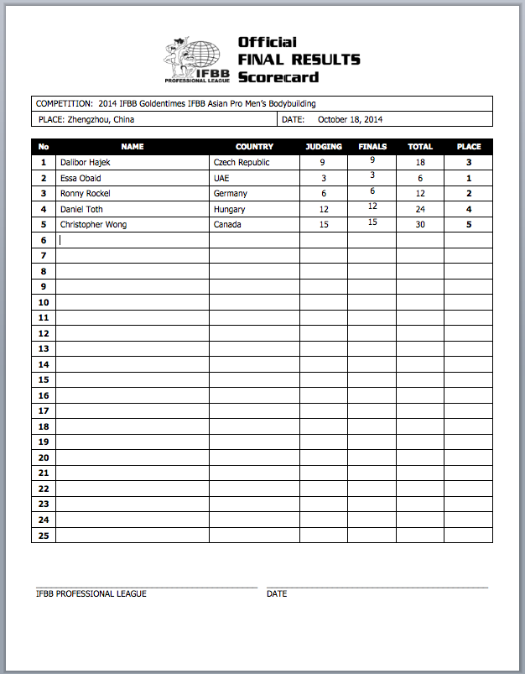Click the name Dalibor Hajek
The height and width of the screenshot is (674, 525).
pyautogui.click(x=85, y=162)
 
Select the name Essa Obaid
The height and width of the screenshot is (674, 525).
pyautogui.click(x=81, y=178)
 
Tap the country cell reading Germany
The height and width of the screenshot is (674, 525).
pyautogui.click(x=231, y=193)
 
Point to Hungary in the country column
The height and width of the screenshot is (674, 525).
pyautogui.click(x=230, y=209)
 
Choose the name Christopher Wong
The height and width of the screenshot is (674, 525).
pyautogui.click(x=93, y=224)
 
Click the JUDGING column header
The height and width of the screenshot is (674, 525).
pyautogui.click(x=324, y=147)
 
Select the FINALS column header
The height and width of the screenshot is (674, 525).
pyautogui.click(x=372, y=147)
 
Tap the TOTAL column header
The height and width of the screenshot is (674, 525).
pyautogui.click(x=420, y=147)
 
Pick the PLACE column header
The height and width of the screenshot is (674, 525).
pyautogui.click(x=469, y=147)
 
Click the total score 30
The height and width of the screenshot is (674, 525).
pyautogui.click(x=420, y=225)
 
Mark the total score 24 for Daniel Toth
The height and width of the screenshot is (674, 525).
pyautogui.click(x=420, y=210)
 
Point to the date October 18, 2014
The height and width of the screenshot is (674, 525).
pyautogui.click(x=350, y=120)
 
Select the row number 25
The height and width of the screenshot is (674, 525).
pyautogui.click(x=44, y=535)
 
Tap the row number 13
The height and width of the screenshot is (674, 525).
pyautogui.click(x=44, y=348)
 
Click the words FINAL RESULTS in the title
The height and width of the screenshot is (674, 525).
pyautogui.click(x=299, y=60)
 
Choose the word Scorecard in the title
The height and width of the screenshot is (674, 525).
pyautogui.click(x=278, y=77)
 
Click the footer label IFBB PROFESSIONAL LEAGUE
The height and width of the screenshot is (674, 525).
pyautogui.click(x=91, y=593)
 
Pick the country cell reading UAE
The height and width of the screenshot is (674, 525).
pyautogui.click(x=221, y=178)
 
